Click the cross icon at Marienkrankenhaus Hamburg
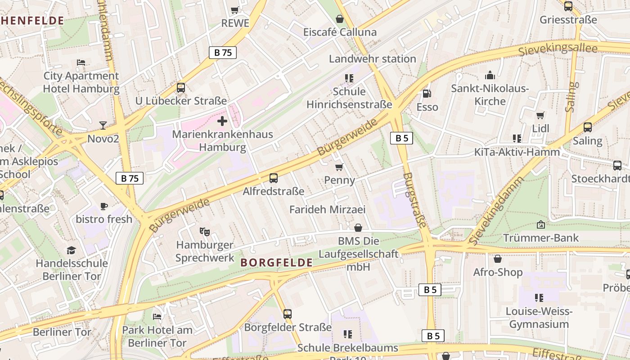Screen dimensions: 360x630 (222, 121)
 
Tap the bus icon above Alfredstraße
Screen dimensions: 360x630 (274, 178)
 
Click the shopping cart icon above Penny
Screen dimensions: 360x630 (339, 167)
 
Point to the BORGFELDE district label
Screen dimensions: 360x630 (276, 262)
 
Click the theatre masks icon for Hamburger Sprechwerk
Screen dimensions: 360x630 (205, 232)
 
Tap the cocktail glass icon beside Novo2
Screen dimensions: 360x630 (103, 125)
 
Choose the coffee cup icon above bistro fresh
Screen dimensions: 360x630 (104, 206)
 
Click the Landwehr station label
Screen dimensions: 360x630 (372, 59)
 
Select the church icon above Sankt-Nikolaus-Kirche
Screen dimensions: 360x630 (490, 75)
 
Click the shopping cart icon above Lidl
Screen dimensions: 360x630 (540, 115)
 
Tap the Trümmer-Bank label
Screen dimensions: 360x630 (541, 238)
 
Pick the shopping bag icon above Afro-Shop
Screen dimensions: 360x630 (498, 259)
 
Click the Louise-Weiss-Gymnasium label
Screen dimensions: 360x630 (539, 318)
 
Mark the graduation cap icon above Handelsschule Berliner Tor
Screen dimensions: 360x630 (72, 250)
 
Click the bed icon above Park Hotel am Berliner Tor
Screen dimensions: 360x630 (157, 317)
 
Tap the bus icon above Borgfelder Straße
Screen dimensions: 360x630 (288, 314)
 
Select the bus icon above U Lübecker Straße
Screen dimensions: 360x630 (181, 88)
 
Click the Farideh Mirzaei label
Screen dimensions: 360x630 (327, 209)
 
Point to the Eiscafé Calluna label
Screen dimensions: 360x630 (340, 32)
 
